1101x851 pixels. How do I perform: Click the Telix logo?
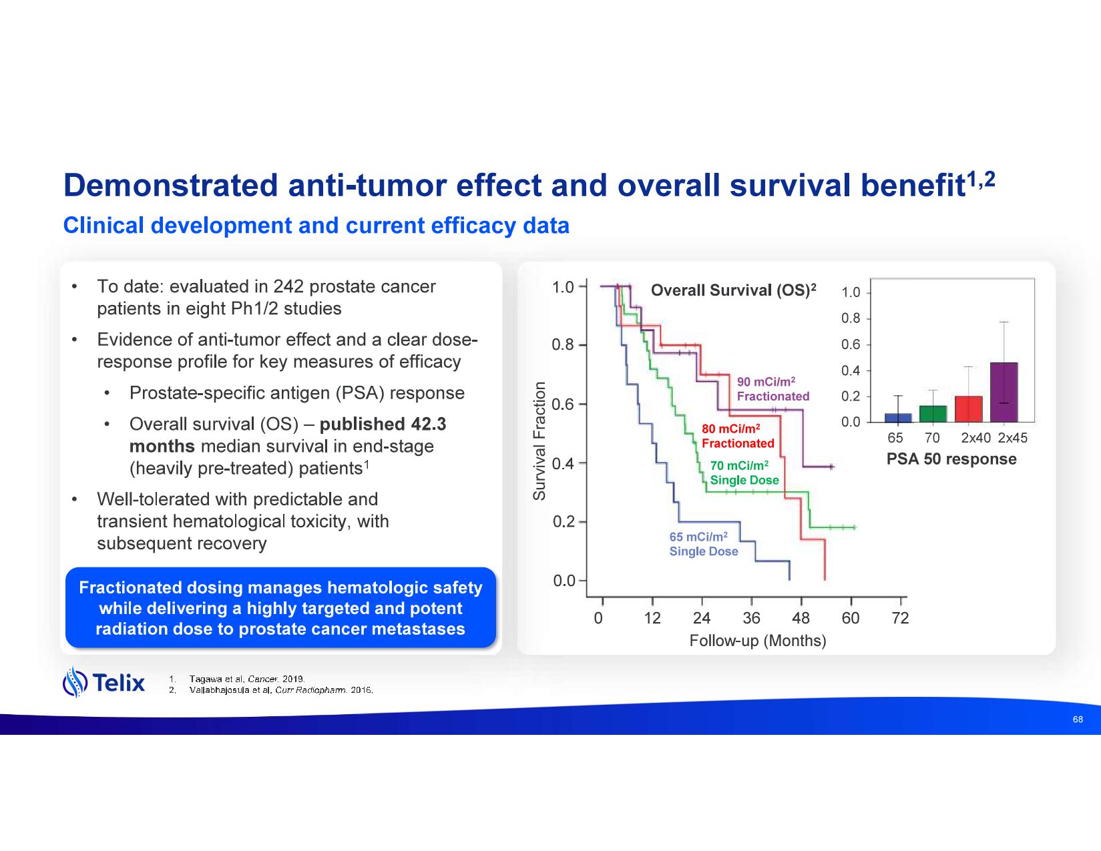103,682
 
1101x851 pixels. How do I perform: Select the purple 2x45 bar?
1004,392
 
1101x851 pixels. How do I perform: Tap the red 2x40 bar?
968,409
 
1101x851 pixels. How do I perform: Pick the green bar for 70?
933,414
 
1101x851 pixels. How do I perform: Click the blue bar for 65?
898,418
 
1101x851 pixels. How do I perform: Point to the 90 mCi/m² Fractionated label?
773,389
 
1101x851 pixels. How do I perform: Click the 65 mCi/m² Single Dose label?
704,544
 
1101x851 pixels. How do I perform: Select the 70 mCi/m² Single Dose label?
744,473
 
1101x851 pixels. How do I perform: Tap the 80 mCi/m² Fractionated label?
737,436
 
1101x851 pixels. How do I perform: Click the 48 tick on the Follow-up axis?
801,618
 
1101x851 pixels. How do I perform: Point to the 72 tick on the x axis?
900,618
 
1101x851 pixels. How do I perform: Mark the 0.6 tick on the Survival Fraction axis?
564,404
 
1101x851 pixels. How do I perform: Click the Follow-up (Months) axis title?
757,641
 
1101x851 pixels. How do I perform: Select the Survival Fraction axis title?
539,441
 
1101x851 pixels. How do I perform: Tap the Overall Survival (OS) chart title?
733,290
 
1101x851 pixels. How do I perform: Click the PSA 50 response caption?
951,459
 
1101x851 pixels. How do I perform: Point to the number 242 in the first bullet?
290,287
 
